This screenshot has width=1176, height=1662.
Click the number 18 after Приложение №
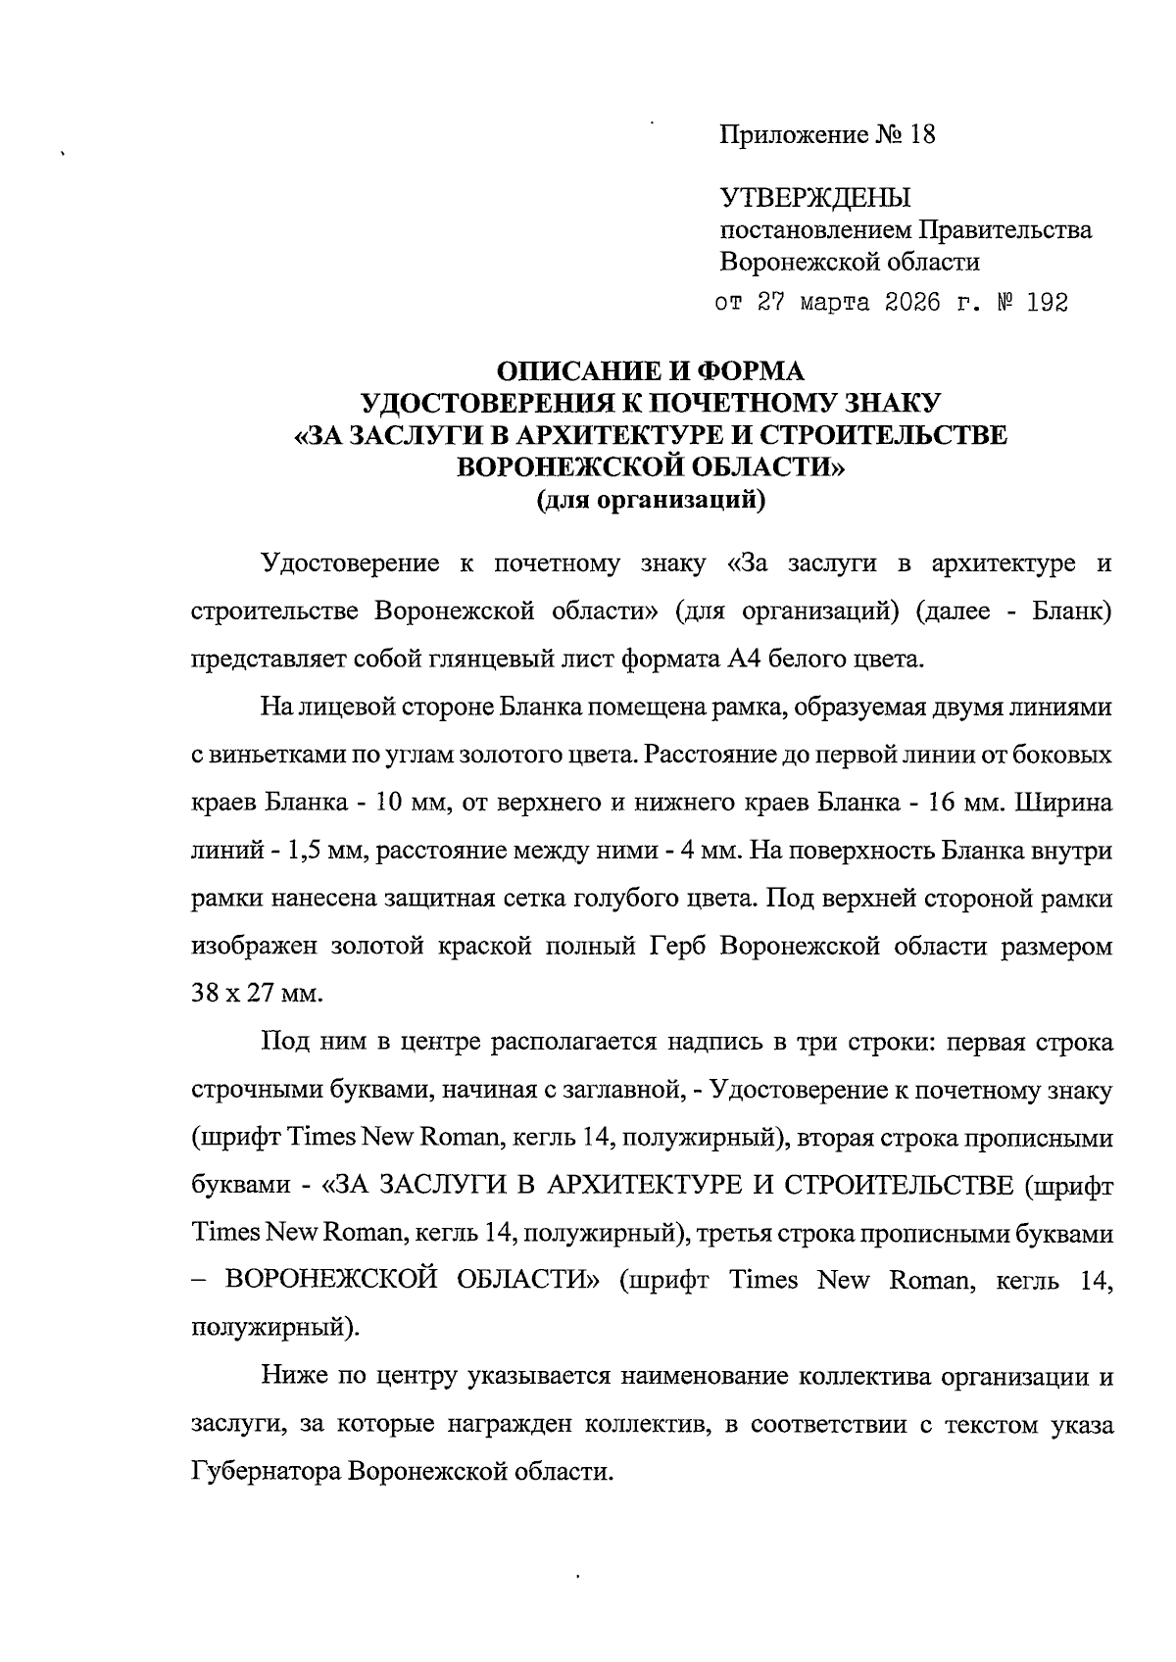(922, 134)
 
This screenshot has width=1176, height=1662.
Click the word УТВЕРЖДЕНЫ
(815, 199)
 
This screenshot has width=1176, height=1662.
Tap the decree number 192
(1046, 303)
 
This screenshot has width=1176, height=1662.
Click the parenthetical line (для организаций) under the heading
(650, 501)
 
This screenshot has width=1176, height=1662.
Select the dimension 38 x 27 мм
(257, 994)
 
